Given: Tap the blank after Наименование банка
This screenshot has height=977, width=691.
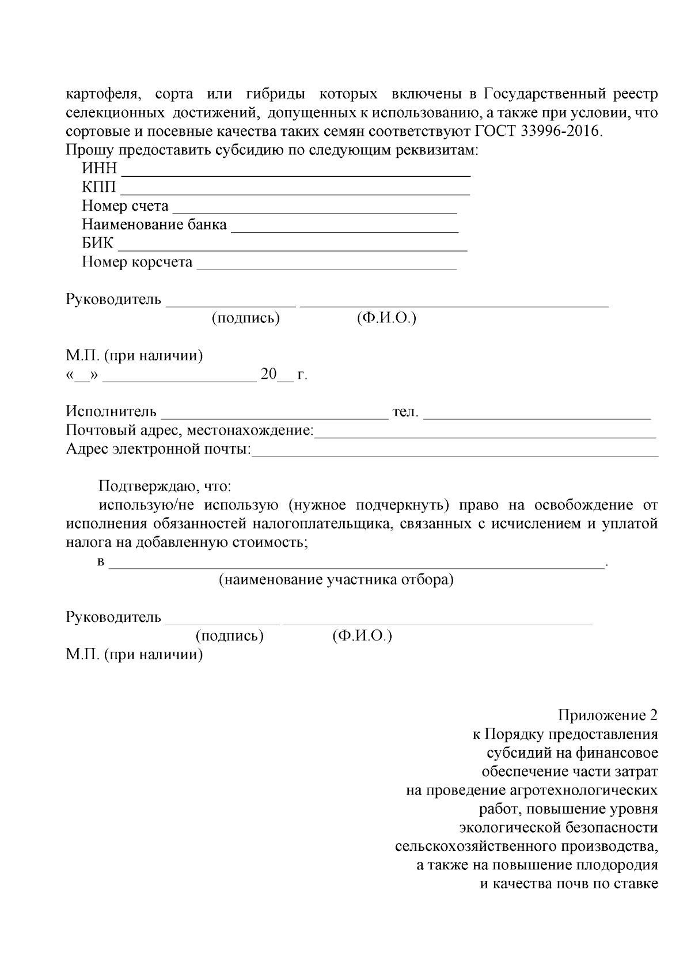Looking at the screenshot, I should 344,229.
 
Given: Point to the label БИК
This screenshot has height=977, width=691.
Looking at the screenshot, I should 97,243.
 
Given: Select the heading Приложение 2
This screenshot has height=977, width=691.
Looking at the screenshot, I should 608,716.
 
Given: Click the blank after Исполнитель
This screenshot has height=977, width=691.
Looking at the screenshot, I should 275,416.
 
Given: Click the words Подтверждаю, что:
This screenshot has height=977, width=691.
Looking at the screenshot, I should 165,486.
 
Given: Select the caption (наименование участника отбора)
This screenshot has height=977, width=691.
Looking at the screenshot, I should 336,580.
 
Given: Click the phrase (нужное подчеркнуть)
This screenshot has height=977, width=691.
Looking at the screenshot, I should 368,505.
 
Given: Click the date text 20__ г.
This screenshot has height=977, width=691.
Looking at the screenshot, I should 284,375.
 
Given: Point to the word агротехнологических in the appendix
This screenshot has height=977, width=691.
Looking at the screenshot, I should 583,790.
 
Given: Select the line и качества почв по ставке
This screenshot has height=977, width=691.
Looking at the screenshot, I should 569,883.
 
